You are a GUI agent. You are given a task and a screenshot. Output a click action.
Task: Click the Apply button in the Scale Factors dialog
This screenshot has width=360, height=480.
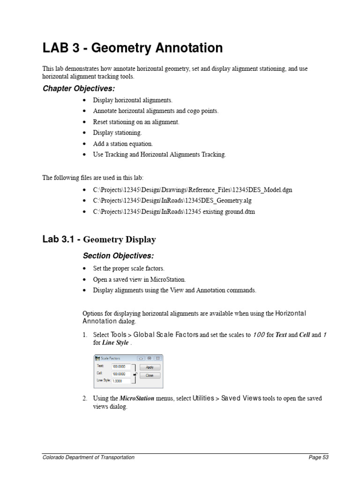coord(150,367)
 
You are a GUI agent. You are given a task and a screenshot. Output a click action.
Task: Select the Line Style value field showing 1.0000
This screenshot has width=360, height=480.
coord(121,381)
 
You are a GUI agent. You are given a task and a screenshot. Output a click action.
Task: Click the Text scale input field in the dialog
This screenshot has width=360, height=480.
coord(121,366)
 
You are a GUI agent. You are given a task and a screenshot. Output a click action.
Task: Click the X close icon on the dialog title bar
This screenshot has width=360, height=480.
coord(158,358)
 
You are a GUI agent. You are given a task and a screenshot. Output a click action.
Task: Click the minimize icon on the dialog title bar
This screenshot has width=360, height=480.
coord(141,358)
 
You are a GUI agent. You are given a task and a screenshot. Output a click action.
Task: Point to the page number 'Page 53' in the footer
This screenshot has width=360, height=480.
coord(318,457)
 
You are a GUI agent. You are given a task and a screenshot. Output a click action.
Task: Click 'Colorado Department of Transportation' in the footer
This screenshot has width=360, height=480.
coord(89,457)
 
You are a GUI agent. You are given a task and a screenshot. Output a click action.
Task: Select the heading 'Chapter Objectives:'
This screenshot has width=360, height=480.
coord(79,89)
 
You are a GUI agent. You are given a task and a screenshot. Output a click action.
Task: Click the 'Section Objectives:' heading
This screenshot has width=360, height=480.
coord(118,256)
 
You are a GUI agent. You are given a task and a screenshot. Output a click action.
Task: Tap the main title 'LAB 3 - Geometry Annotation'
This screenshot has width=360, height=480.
coord(133,48)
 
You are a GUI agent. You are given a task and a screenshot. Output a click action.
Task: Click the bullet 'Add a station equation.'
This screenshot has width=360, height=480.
coord(123,144)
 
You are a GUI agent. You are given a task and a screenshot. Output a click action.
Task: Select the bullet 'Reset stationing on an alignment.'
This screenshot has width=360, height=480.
coord(136,122)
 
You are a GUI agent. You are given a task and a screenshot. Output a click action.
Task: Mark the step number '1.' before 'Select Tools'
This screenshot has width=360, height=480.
coord(85,335)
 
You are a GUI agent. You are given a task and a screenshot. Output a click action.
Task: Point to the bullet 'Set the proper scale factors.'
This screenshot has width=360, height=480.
coord(129,269)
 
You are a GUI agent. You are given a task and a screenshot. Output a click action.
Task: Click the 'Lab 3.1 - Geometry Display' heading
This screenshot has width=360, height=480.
coord(99,240)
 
